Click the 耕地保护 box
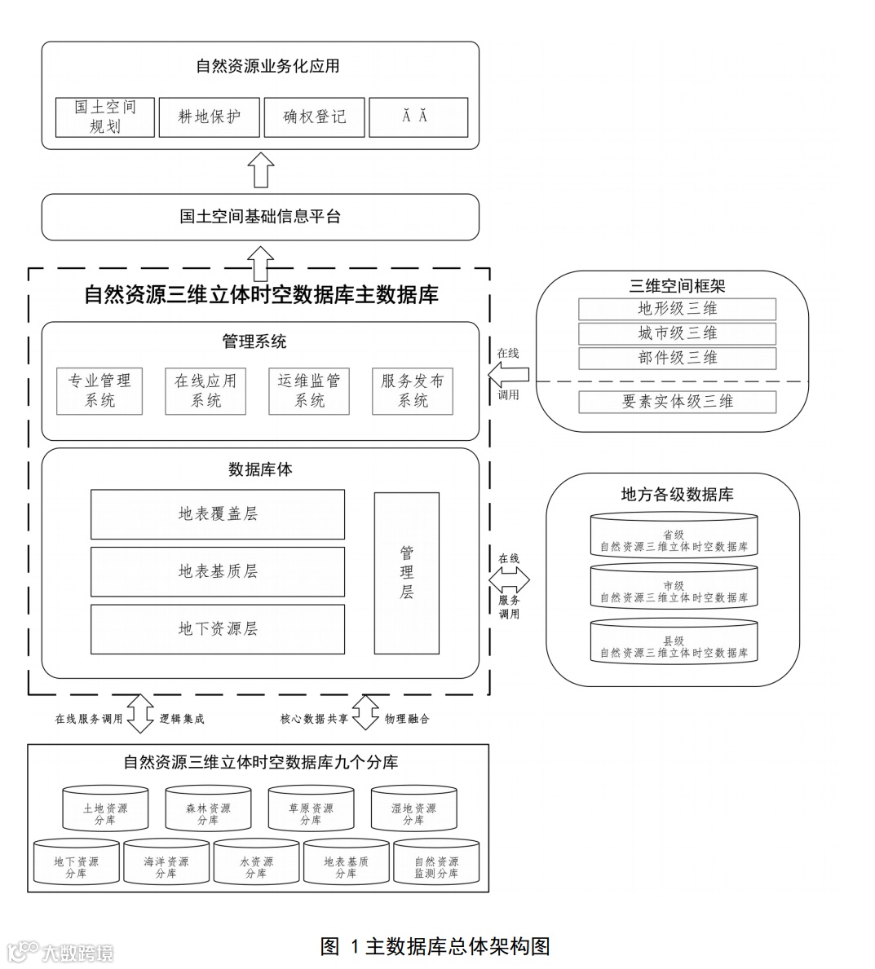click(210, 117)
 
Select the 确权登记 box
click(314, 117)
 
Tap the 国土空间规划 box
click(105, 117)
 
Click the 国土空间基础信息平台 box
click(260, 217)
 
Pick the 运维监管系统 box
click(309, 391)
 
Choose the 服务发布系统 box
click(413, 391)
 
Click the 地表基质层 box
click(218, 571)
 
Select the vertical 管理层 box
click(407, 573)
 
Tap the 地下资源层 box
click(218, 629)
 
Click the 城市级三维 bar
click(677, 333)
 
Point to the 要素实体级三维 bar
click(677, 402)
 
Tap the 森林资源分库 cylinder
click(208, 811)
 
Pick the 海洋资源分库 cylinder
click(166, 864)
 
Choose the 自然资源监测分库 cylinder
click(436, 864)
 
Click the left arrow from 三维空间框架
click(508, 374)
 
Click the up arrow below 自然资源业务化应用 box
click(261, 170)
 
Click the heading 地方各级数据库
click(677, 495)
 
